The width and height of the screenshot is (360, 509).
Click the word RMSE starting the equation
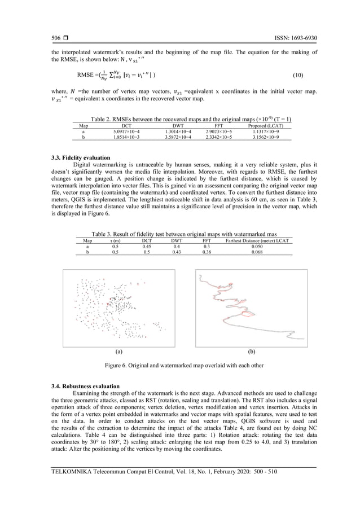tap(86, 74)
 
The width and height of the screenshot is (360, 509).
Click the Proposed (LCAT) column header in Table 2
tap(270, 125)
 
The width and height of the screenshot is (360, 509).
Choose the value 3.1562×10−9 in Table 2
tap(270, 137)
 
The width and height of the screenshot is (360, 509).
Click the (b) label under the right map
tap(252, 350)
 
